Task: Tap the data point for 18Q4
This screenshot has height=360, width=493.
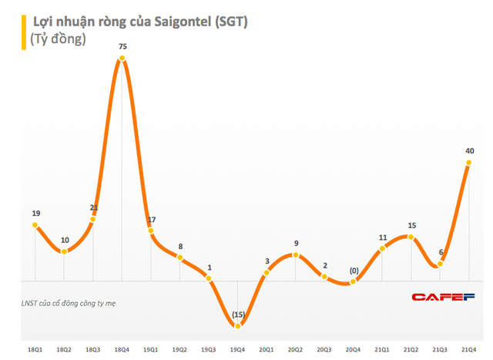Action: point(122,59)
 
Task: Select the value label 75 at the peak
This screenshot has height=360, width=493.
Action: point(122,47)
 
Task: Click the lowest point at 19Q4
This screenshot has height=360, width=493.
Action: point(238,326)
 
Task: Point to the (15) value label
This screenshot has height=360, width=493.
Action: point(238,315)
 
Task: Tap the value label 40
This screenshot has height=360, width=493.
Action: point(469,150)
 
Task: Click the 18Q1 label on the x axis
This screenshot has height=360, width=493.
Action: point(35,352)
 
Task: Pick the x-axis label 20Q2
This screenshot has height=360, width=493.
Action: point(296,352)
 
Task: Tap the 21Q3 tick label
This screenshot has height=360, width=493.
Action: point(440,352)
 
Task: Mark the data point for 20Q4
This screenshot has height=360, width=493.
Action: point(354,282)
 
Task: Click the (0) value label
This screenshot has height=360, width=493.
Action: point(354,271)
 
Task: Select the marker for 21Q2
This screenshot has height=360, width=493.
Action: point(411,237)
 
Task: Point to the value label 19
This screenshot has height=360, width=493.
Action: point(35,214)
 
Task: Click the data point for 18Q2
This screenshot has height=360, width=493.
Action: point(65,251)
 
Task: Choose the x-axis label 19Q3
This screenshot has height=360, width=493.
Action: point(209,352)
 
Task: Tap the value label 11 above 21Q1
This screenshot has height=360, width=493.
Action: point(383,237)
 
